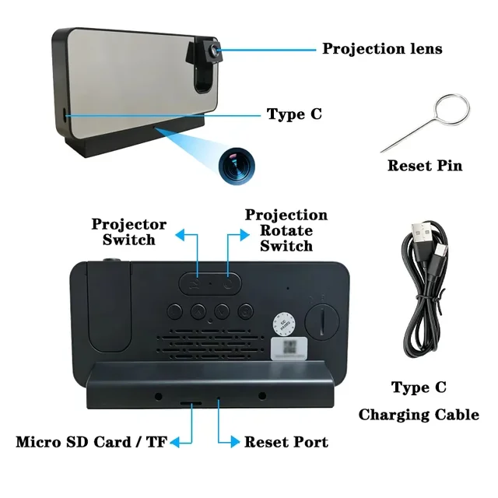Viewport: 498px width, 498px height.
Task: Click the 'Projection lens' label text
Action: click(x=382, y=49)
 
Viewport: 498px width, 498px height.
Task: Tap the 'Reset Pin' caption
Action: click(x=425, y=166)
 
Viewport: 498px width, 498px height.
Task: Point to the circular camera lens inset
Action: click(x=237, y=166)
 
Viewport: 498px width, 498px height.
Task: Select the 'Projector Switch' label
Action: click(x=129, y=232)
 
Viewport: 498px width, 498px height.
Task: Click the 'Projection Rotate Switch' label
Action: click(x=286, y=230)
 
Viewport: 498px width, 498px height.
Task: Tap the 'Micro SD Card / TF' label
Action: click(x=92, y=442)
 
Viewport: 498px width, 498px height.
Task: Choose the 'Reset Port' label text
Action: click(x=286, y=442)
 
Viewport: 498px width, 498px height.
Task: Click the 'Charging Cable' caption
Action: click(x=419, y=415)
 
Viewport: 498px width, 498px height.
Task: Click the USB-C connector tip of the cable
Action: click(x=440, y=253)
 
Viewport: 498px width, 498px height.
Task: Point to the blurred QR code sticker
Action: click(x=289, y=349)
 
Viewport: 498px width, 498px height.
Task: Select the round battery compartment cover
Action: click(x=322, y=321)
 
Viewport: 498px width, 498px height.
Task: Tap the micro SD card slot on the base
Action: click(x=191, y=403)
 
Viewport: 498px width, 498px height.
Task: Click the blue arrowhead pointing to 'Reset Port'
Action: click(x=235, y=442)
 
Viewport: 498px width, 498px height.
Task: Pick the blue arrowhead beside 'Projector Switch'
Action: click(x=180, y=235)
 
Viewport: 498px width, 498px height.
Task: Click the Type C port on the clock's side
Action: click(x=65, y=114)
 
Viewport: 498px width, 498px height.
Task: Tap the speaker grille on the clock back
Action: click(x=210, y=344)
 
